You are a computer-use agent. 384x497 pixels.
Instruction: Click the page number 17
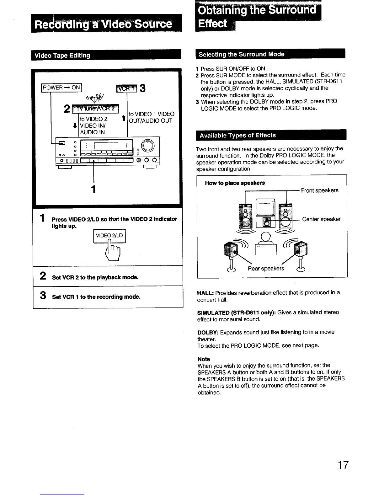(343, 465)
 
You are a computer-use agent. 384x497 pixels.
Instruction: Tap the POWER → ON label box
(61, 88)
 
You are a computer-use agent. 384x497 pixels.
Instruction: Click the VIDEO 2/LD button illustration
(109, 236)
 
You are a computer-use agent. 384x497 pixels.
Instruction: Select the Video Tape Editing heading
(62, 56)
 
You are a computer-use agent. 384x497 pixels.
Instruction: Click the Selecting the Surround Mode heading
(242, 54)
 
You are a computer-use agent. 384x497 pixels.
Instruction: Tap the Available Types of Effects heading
(238, 135)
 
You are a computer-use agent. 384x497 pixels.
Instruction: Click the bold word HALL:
(205, 293)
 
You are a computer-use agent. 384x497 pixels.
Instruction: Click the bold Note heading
(204, 359)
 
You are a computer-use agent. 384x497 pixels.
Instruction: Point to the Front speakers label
(319, 190)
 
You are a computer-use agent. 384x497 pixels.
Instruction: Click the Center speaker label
(321, 219)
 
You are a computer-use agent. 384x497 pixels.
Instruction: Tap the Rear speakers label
(266, 268)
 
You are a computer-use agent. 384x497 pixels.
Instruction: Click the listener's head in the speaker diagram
(266, 236)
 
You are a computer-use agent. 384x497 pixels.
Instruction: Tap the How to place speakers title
(235, 183)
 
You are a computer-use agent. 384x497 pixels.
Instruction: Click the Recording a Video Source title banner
(106, 24)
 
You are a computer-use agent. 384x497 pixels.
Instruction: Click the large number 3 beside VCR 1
(142, 88)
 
